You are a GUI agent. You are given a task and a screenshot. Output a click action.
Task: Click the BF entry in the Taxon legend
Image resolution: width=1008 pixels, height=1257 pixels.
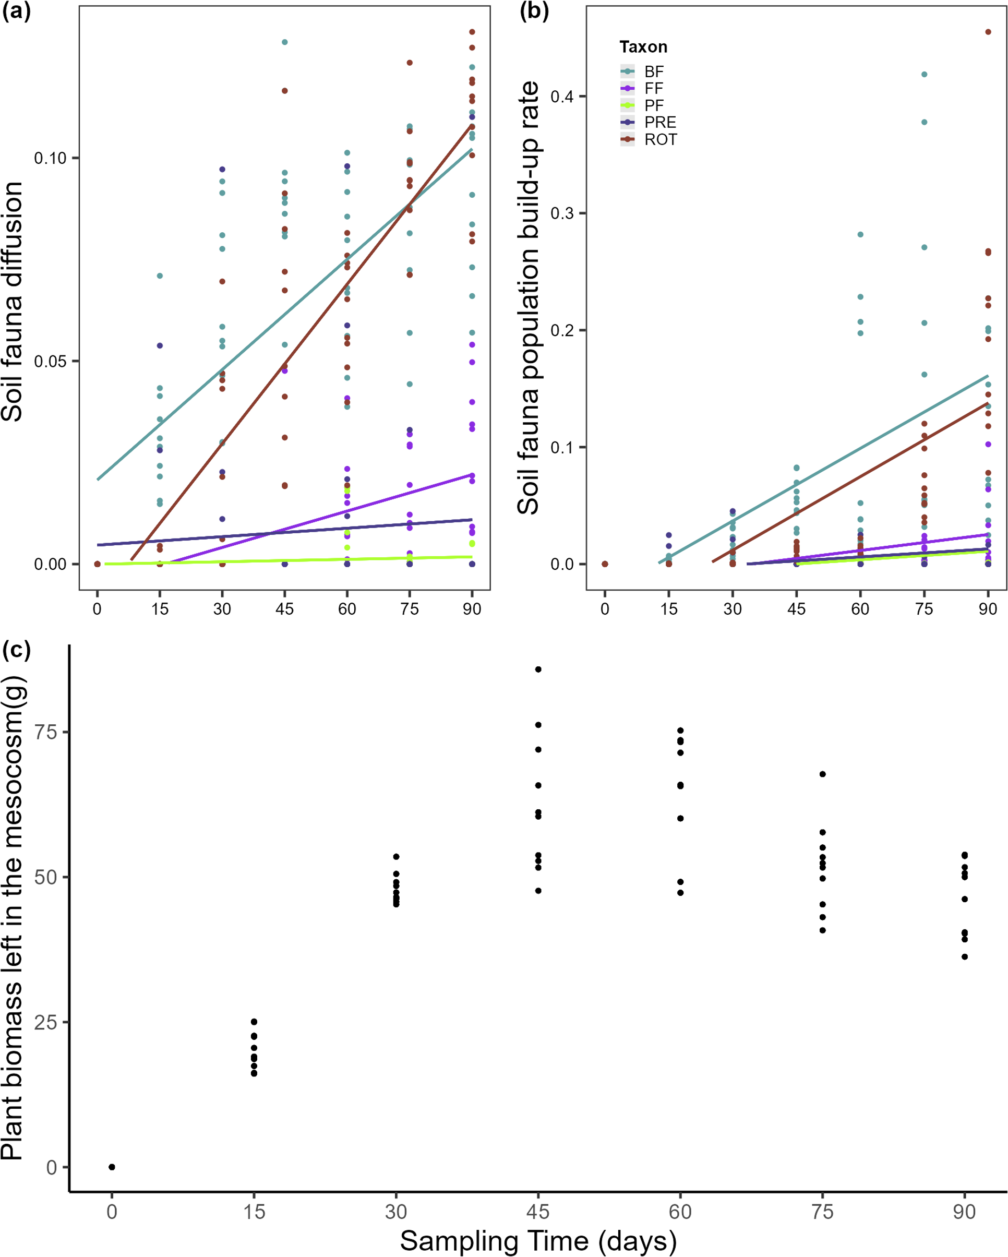(654, 71)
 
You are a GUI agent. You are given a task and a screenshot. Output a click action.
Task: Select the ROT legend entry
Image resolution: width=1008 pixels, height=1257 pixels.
(660, 140)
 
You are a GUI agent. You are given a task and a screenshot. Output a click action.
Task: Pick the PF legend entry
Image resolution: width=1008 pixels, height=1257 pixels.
(654, 105)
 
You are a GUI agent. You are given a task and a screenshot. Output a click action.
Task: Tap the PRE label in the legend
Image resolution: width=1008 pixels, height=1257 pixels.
(660, 123)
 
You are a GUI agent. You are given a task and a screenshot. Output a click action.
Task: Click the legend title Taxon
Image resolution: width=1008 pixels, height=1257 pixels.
(643, 46)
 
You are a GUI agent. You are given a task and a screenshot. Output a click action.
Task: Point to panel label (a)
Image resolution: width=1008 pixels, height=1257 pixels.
(16, 11)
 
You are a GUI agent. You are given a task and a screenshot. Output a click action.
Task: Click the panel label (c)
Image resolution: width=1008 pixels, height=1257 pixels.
(16, 649)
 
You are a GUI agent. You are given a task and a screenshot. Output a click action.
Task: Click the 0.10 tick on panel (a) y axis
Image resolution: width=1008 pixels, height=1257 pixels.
(50, 159)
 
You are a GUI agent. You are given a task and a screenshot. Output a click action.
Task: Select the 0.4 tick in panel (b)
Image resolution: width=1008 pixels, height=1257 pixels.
(562, 96)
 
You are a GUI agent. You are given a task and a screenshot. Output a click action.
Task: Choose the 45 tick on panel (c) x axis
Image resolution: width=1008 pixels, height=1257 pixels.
(537, 1212)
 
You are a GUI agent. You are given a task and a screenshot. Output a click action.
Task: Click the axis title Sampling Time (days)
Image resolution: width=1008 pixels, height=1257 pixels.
(537, 1241)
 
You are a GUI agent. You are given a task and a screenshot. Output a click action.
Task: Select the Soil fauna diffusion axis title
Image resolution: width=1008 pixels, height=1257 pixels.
(11, 302)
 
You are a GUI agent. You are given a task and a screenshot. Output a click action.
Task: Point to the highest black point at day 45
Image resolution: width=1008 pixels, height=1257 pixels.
(538, 669)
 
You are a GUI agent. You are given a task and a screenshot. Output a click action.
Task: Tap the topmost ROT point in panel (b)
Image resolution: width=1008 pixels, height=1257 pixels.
(988, 32)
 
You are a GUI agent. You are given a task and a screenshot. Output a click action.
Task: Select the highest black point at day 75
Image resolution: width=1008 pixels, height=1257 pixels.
(823, 774)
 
